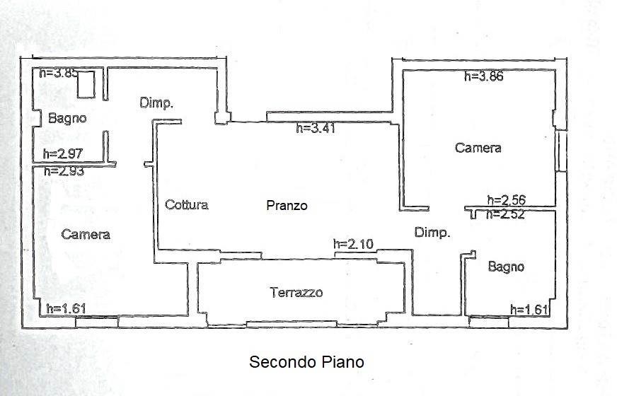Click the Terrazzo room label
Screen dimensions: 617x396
pos(296,293)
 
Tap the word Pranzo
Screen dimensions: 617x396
pos(287,205)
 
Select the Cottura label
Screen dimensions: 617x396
pos(187,204)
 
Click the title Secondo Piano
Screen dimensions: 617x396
pos(306,362)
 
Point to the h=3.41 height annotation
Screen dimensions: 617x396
pos(316,128)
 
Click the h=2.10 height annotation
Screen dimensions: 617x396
pos(353,244)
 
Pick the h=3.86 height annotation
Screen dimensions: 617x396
pos(483,76)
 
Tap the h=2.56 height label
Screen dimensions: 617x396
pos(507,200)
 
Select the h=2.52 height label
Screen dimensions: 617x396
pos(505,214)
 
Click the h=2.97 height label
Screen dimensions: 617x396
pos(63,153)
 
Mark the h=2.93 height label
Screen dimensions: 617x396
pos(64,171)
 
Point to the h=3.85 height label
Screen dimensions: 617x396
pos(58,73)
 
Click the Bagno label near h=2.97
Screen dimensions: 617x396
pos(67,118)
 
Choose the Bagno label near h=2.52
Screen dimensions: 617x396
pos(506,267)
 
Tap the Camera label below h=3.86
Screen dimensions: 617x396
pos(478,148)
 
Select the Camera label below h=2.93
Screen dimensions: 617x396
pos(86,235)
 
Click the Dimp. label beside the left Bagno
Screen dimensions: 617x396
pos(156,103)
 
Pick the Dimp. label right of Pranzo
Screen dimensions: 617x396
pos(432,233)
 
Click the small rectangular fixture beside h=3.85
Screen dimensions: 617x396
pos(86,84)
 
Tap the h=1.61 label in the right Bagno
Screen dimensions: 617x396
pos(529,310)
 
